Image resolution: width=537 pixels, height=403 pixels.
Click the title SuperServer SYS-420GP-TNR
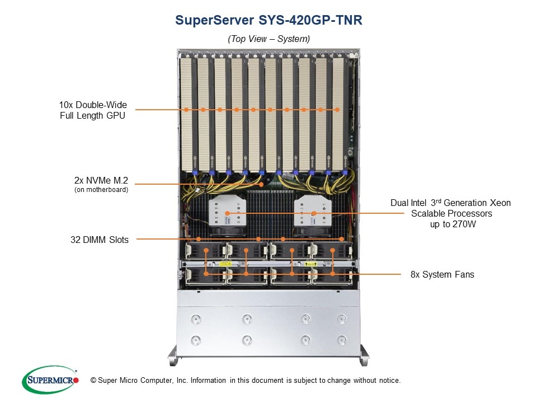268,20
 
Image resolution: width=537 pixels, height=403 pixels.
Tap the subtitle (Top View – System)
268,39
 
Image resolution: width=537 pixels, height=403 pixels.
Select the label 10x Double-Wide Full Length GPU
93,110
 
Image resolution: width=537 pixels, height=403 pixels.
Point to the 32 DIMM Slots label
100,240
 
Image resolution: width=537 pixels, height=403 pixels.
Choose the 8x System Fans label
442,274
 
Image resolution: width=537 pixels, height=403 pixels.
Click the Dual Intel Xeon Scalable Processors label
451,213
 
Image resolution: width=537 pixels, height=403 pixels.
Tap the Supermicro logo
50,379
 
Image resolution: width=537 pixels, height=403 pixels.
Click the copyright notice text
245,380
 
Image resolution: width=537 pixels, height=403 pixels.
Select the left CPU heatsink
228,213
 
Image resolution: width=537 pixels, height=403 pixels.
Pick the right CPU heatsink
313,213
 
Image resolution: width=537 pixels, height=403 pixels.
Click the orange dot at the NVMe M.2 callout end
261,184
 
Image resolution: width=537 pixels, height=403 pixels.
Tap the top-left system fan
205,251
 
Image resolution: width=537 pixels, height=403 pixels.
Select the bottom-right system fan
332,276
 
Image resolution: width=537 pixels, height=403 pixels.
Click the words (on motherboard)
101,190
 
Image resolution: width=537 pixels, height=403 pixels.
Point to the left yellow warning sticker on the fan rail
225,264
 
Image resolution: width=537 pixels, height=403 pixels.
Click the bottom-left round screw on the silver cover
196,340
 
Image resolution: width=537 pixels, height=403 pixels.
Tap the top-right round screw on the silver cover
341,320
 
